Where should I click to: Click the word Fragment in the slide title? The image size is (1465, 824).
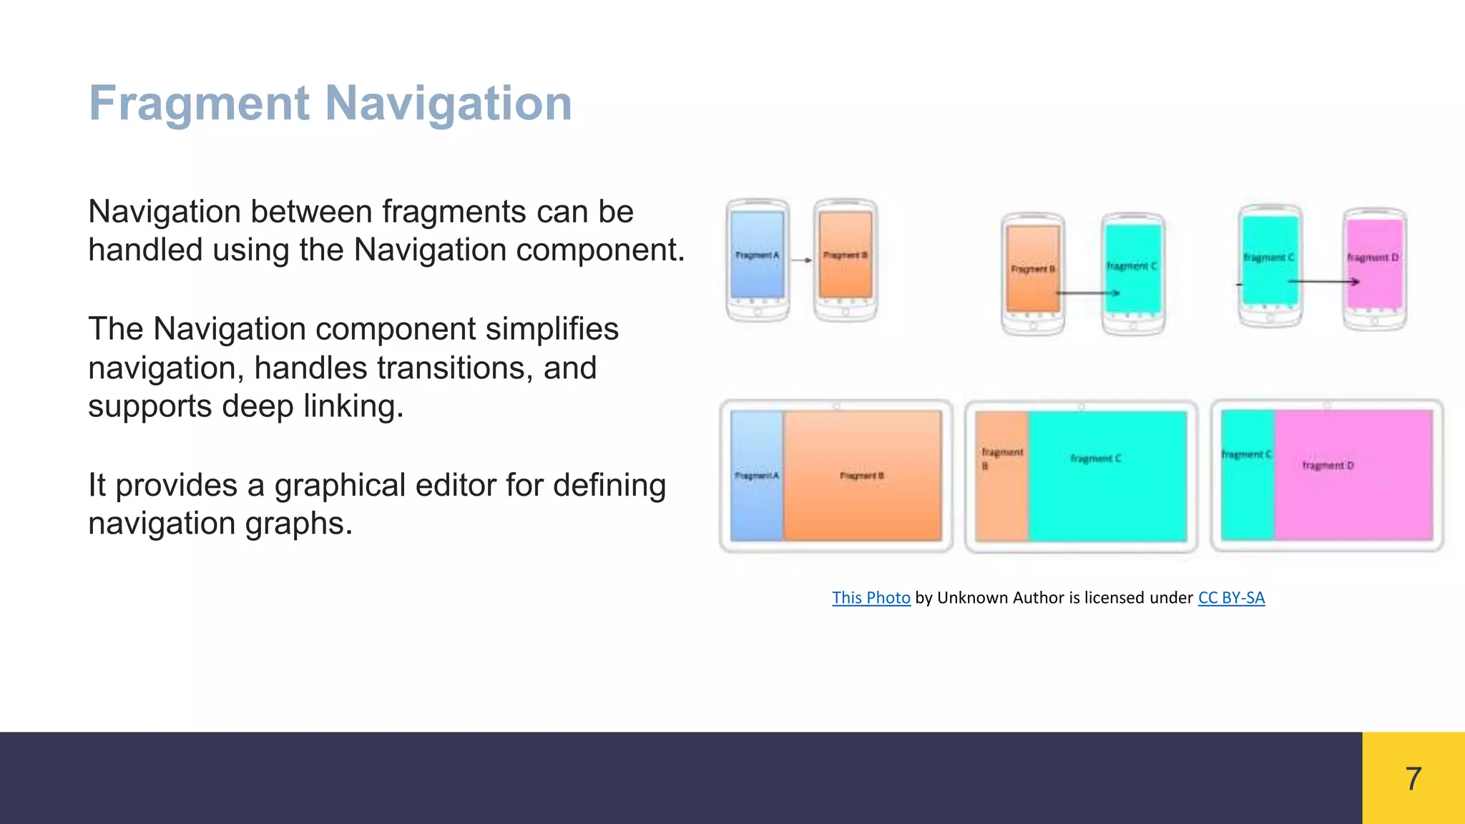point(199,104)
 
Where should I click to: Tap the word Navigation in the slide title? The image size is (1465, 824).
point(449,104)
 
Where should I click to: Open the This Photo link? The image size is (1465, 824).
point(871,598)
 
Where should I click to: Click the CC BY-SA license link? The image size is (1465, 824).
point(1231,598)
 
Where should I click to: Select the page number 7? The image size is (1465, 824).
point(1413,778)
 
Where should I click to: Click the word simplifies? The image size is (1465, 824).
point(553,330)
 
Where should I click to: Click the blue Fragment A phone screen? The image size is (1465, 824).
point(757,255)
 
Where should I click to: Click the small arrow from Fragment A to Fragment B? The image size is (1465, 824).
point(802,260)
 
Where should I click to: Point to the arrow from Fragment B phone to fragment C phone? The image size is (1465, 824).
point(1087,293)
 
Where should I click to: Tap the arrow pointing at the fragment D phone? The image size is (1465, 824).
point(1323,282)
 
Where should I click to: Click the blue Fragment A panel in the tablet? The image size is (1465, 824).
point(756,476)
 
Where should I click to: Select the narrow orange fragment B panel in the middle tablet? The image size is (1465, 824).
point(1001,476)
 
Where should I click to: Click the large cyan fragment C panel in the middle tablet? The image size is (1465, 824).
point(1107,476)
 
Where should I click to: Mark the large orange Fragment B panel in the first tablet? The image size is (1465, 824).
point(862,476)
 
